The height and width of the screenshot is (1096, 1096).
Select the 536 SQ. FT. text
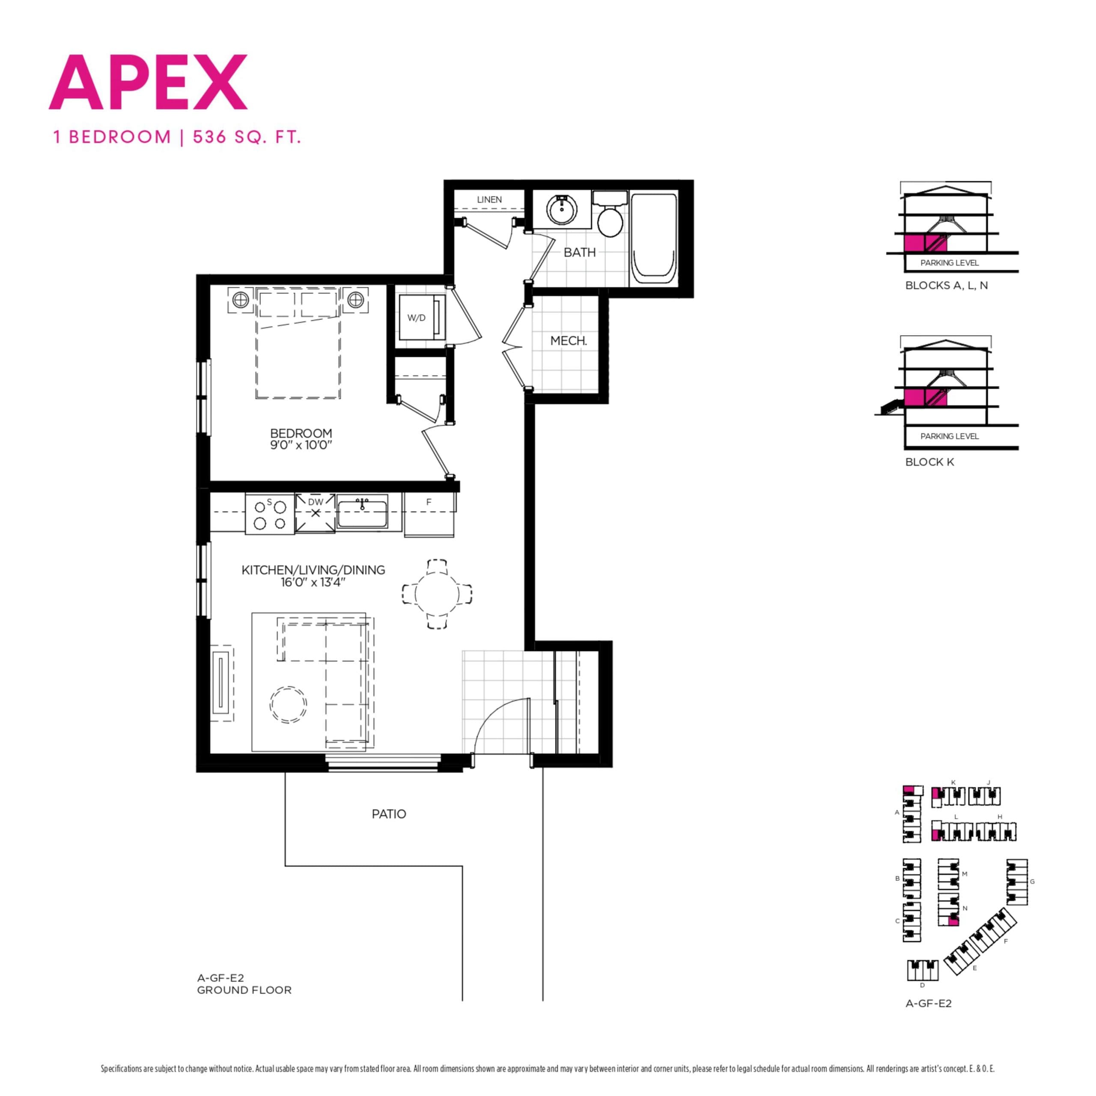(246, 137)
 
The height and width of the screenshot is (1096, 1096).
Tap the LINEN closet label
(489, 200)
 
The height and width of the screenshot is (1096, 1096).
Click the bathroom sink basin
(562, 209)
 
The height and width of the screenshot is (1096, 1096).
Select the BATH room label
(579, 253)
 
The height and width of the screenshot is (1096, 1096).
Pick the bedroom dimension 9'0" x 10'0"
(301, 445)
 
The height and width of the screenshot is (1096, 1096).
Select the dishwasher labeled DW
(316, 512)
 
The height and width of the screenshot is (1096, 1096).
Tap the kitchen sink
(362, 513)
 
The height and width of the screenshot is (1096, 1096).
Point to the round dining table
(437, 594)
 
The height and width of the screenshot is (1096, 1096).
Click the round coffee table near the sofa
(288, 705)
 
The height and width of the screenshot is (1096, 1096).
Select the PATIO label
(389, 814)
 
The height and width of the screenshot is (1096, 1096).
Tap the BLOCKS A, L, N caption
(946, 286)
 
